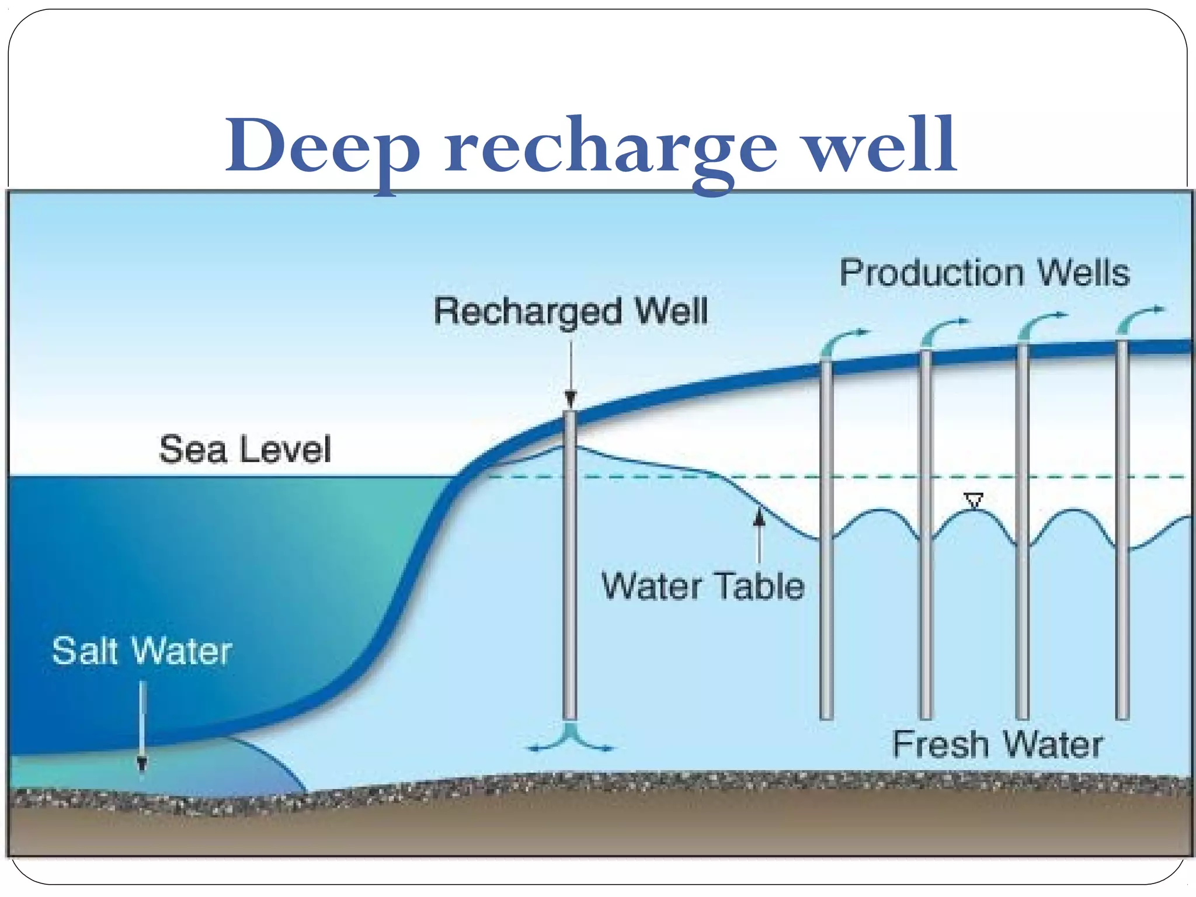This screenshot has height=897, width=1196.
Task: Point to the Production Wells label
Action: pos(985,273)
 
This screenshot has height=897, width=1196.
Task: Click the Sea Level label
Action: pos(245,449)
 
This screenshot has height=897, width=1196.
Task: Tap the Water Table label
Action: pos(703,586)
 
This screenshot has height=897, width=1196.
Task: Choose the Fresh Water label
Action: pos(997,745)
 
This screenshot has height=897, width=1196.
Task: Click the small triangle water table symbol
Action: pos(974,500)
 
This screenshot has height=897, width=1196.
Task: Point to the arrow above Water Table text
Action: pos(759,534)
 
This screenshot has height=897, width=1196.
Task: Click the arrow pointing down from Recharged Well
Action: pos(571,374)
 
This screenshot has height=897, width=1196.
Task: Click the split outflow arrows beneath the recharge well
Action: pos(571,739)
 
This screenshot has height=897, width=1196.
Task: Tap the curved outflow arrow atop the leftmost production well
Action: pos(841,342)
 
